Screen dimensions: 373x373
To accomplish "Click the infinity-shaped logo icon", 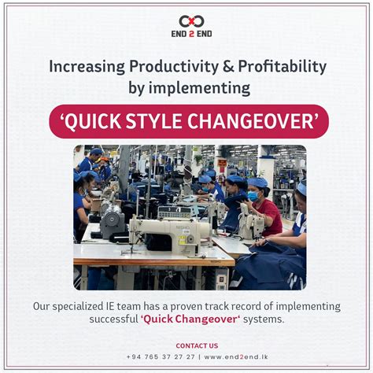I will click(x=186, y=21).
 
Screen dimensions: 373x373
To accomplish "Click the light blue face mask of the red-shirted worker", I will click(x=253, y=196).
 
